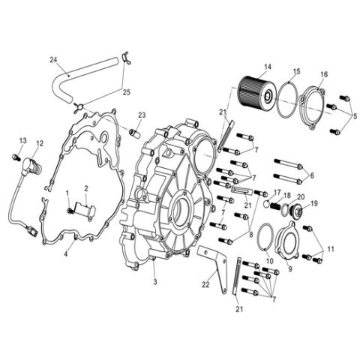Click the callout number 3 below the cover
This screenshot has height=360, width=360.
(x=154, y=282)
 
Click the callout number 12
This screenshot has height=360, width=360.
(x=40, y=143)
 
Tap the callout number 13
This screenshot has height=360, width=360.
(x=22, y=140)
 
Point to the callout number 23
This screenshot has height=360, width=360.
(x=141, y=115)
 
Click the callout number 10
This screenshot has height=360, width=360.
(x=269, y=260)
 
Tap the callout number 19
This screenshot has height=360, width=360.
(x=313, y=203)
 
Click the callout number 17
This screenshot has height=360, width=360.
(x=276, y=193)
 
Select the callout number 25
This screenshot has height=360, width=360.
(x=125, y=94)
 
